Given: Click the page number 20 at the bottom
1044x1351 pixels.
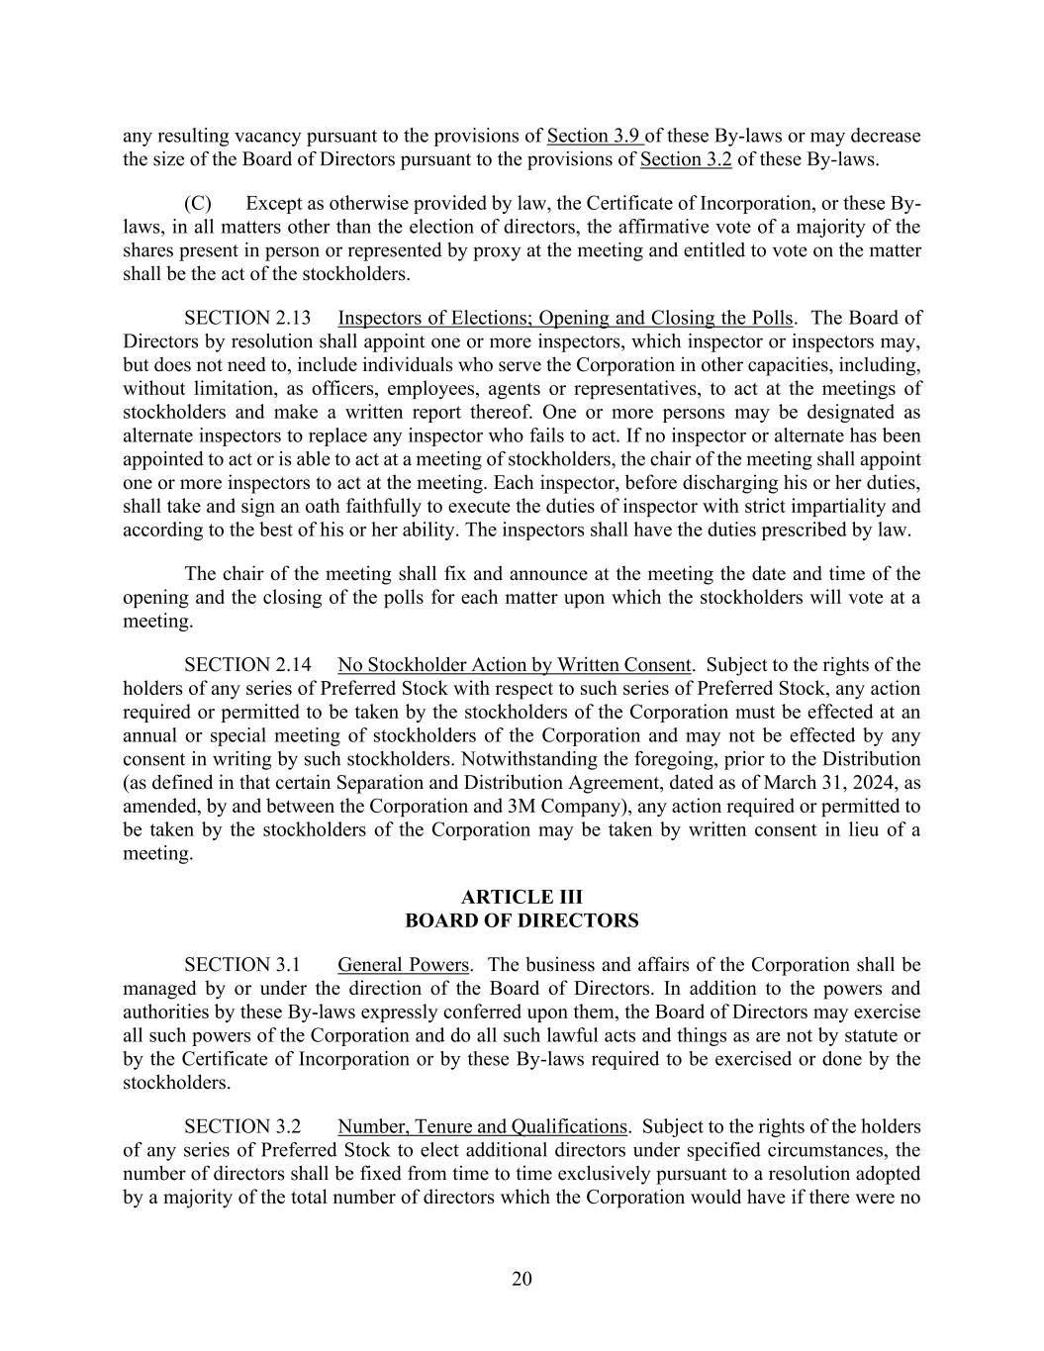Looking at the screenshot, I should (x=522, y=1279).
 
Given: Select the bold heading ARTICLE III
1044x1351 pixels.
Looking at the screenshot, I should (x=522, y=897).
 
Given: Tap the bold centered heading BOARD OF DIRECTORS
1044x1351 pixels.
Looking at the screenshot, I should (x=522, y=920).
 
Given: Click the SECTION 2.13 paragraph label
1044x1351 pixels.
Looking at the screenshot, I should (x=246, y=318).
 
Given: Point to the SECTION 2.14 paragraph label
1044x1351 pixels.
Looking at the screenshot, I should (x=246, y=664).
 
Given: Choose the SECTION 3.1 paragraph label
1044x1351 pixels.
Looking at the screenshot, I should (x=241, y=964).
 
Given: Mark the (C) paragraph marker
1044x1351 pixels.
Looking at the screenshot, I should (x=198, y=203).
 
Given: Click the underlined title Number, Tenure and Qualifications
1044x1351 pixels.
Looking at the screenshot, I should (x=482, y=1126).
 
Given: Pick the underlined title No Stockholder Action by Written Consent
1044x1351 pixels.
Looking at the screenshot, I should (x=514, y=664).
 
